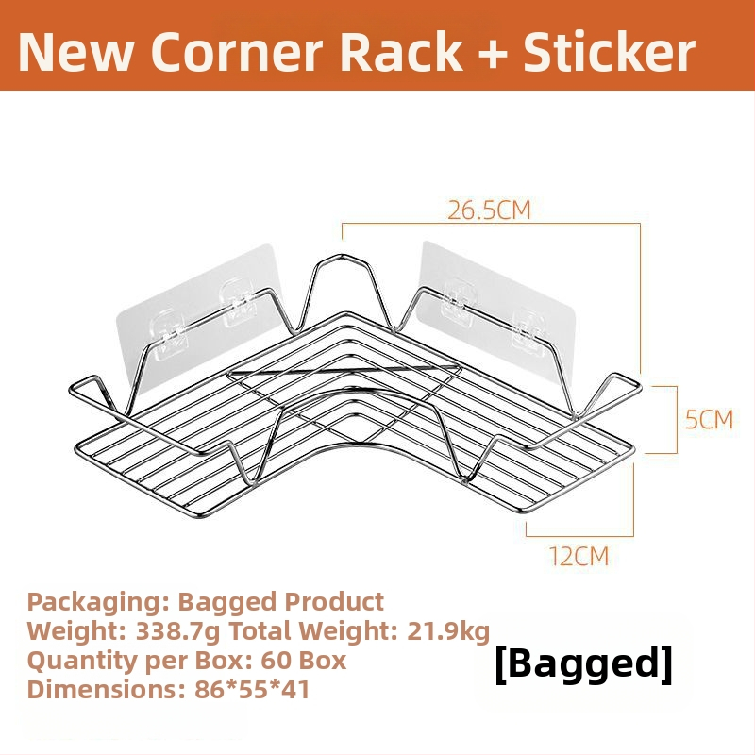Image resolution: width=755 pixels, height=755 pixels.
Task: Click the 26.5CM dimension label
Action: pos(489,210)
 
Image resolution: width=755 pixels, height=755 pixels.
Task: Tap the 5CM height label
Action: pos(710,419)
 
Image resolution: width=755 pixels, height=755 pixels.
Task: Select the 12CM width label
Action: pos(579,556)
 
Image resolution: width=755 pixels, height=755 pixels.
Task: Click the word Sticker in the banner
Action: pos(609,52)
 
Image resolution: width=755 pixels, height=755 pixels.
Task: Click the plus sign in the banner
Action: pos(493,53)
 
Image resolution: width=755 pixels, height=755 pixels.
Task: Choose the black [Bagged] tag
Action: pos(583,663)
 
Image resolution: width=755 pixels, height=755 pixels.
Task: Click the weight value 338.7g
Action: pos(177,631)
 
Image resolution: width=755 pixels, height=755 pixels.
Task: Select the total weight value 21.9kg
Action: pos(448,631)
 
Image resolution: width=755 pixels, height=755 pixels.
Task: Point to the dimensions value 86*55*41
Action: pos(252,689)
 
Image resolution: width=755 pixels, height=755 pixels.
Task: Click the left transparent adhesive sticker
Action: pos(198,313)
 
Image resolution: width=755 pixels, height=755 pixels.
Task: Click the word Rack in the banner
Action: pos(401,52)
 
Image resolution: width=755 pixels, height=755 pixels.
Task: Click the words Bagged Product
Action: pos(280,602)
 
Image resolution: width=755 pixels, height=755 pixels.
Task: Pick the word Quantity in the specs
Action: pos(82,662)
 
